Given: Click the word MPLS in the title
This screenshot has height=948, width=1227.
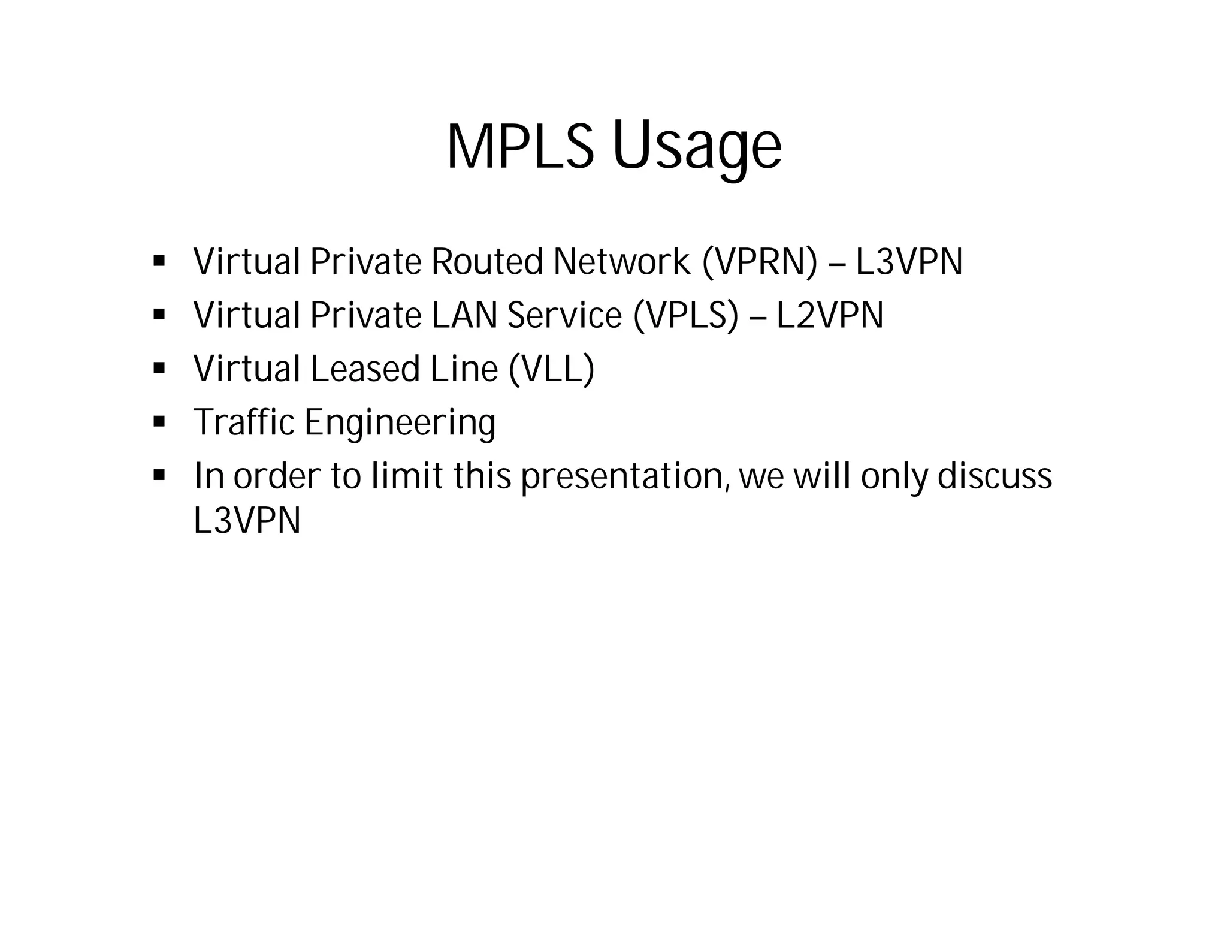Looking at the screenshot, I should tap(520, 147).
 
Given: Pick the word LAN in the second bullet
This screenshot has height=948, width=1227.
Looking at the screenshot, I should tap(464, 315).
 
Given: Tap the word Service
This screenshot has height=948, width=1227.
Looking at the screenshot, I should tap(564, 315).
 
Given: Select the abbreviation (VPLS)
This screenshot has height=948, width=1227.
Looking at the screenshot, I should tap(685, 315).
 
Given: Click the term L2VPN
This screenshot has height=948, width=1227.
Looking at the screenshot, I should tap(829, 315).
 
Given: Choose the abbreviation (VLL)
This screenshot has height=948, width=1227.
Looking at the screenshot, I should tap(551, 369).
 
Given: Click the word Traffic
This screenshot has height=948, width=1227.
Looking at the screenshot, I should tap(244, 422).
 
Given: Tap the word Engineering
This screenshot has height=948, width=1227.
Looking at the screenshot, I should tap(400, 423).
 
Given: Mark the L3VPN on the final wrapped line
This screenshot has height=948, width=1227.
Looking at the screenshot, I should tap(247, 520).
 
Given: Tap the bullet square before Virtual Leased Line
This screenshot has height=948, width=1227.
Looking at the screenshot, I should tap(159, 368).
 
